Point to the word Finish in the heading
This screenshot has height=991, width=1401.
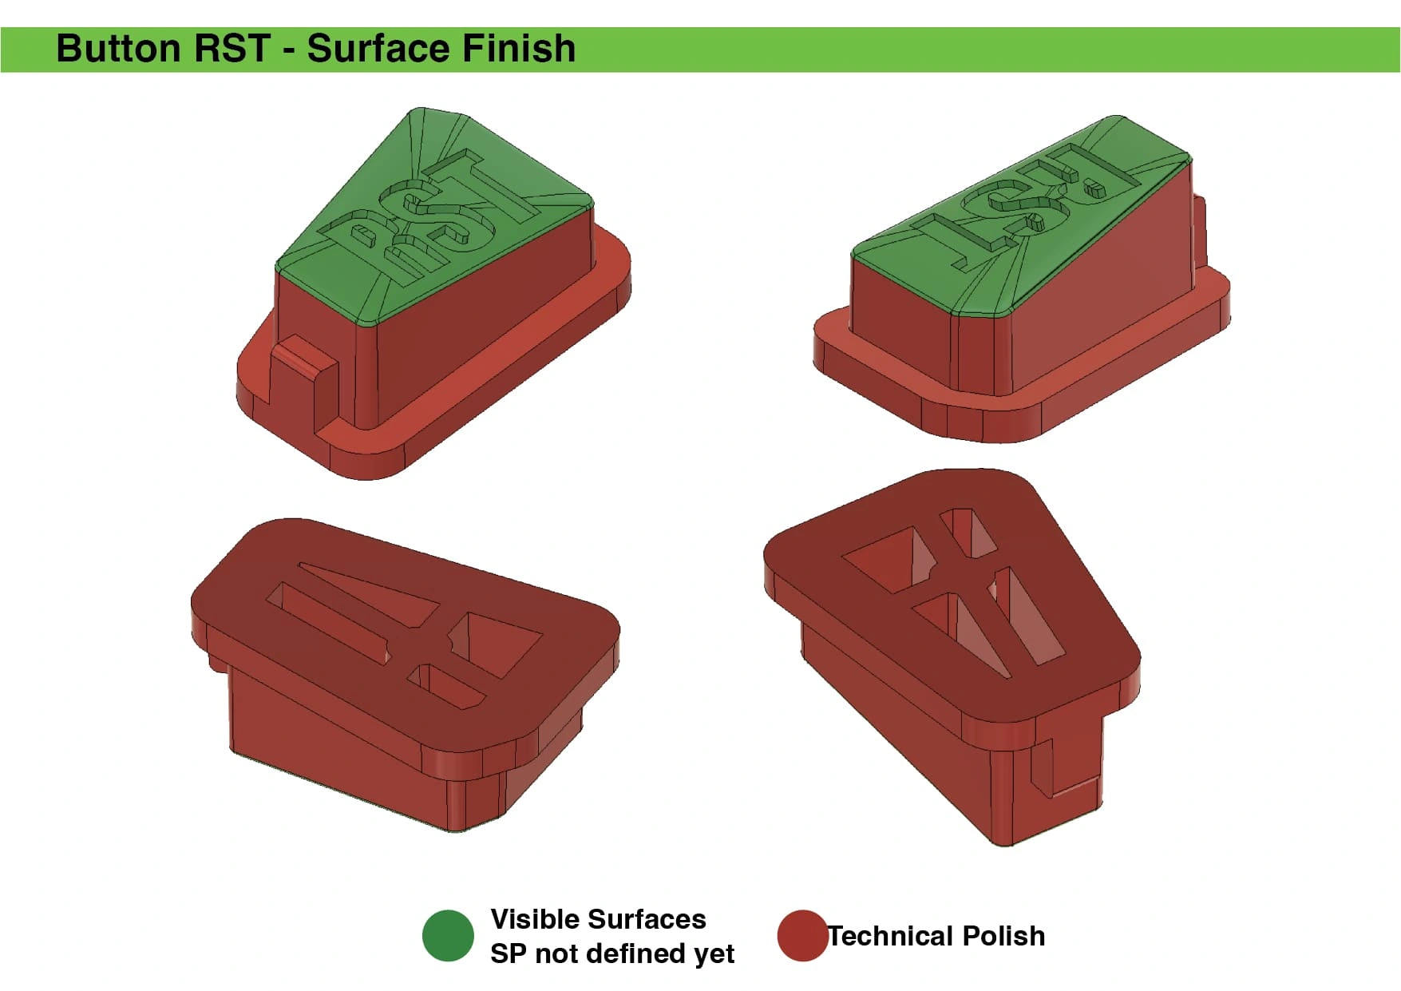[x=519, y=49]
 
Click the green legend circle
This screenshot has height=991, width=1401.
[x=448, y=935]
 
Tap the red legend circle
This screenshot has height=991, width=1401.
[x=802, y=935]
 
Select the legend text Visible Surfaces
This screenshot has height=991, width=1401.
[x=598, y=919]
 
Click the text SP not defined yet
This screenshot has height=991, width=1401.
[x=612, y=953]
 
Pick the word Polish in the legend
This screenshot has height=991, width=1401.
[x=1003, y=936]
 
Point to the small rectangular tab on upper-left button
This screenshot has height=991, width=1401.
[x=305, y=383]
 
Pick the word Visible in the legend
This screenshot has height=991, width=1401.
[x=532, y=919]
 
